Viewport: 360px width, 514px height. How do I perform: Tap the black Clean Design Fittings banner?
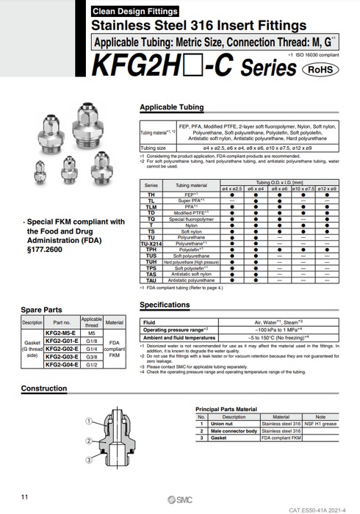click(x=135, y=11)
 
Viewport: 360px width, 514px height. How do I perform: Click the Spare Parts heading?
click(x=43, y=310)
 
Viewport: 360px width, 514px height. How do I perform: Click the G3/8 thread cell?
click(x=92, y=356)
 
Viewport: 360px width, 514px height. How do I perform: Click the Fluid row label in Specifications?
click(x=148, y=322)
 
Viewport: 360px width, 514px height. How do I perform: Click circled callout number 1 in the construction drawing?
click(x=88, y=421)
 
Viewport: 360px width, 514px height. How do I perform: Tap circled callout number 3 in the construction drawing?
click(x=88, y=460)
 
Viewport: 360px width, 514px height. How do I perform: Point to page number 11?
click(x=25, y=498)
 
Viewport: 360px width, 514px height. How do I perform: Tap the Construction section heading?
click(x=43, y=388)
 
